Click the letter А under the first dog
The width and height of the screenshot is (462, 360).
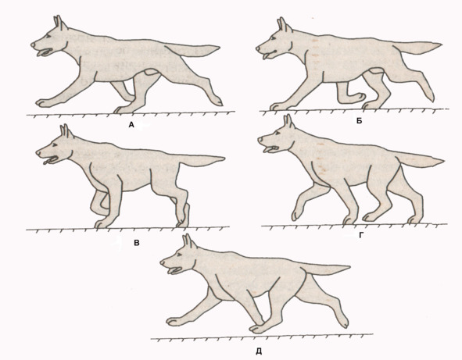pos(131,125)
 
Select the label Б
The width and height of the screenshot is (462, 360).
pos(359,121)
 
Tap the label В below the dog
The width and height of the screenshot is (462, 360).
pos(137,243)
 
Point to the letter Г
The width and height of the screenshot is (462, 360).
pos(361,234)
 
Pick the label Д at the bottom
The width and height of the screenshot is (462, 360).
pos(259,351)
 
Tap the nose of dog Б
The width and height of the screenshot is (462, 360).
pos(258,48)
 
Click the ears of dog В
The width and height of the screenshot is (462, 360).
pos(66,131)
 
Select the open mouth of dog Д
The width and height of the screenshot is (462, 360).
pos(175,270)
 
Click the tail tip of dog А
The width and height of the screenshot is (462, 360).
pos(218,47)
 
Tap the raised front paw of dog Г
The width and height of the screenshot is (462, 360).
pos(295,215)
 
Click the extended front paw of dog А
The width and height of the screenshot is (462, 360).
pos(43,103)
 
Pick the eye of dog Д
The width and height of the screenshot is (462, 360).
pos(178,255)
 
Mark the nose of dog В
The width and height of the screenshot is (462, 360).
pos(38,153)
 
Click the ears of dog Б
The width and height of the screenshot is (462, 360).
pos(284,24)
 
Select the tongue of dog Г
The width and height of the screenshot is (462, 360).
pos(267,151)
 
